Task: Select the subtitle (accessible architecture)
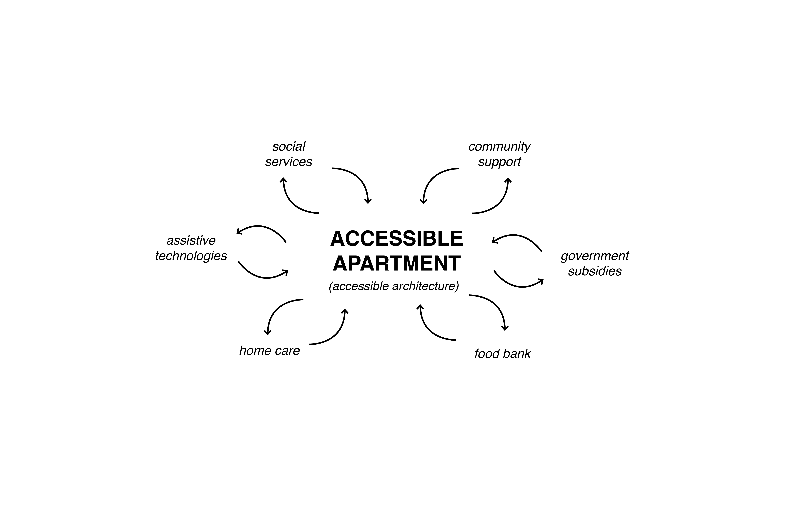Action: point(394,286)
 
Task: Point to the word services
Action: point(289,162)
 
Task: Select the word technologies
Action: point(191,256)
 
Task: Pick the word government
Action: point(595,256)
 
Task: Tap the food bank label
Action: point(502,354)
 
